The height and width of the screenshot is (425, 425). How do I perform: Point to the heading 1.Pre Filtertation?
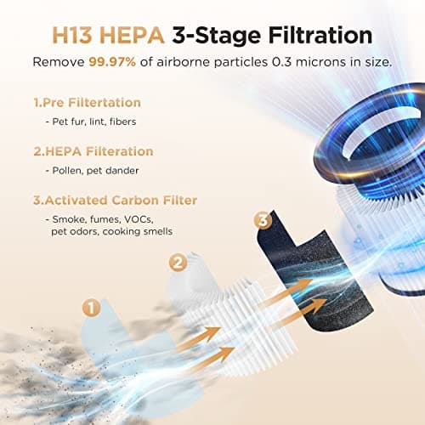pos(87,103)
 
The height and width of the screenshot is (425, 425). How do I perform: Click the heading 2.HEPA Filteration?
pos(93,151)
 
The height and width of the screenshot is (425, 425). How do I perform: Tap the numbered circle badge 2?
pos(178,263)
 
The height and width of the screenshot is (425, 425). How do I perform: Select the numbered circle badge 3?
pos(263,221)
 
